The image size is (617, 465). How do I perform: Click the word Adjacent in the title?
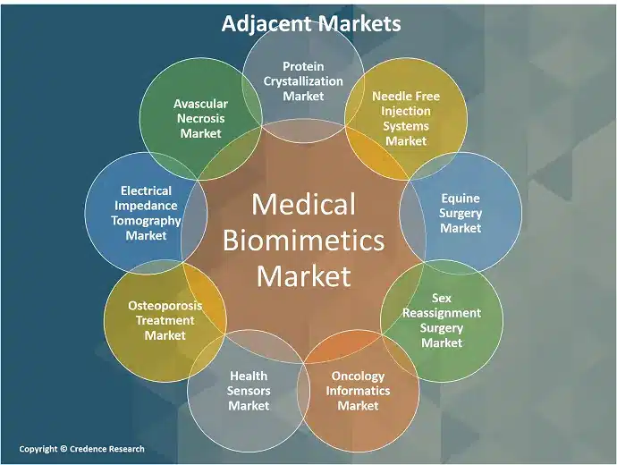coord(266,23)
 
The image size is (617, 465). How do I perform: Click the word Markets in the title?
coord(359,23)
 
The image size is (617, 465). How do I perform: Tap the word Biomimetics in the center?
coord(303,241)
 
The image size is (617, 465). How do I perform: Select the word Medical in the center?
coord(303,204)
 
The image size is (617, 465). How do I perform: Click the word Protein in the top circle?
coord(303,66)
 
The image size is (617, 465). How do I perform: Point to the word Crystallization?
coord(303,81)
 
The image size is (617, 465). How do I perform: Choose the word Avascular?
coord(200,104)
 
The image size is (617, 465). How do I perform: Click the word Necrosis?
coord(200,118)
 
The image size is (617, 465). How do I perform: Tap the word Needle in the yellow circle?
coord(389,96)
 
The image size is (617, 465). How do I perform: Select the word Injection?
coord(406,112)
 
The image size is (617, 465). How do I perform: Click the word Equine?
coord(461,199)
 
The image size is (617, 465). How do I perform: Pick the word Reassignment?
coord(442,313)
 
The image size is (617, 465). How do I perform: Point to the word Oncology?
coord(358,376)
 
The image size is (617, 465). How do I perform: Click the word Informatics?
coord(358,391)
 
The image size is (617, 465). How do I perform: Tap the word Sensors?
coord(249,391)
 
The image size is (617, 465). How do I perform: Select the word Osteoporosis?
coord(165,306)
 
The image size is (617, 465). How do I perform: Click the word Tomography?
coord(146,221)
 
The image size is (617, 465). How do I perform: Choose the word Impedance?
coord(146,206)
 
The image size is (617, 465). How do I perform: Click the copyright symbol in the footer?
coord(63,449)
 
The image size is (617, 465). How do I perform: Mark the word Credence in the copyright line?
coord(88,449)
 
